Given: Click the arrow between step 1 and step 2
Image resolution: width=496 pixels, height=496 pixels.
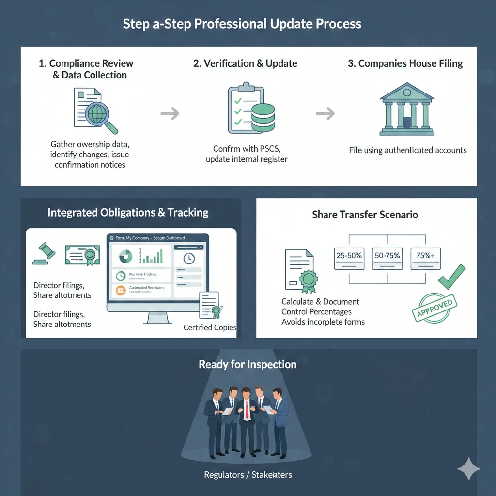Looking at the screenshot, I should click(x=170, y=114).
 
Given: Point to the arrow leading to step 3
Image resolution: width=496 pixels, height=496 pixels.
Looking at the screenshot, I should click(x=325, y=114).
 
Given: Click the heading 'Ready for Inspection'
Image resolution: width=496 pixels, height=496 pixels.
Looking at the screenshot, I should click(x=248, y=364).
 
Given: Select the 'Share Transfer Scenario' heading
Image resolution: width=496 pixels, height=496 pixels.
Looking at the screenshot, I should click(x=365, y=215).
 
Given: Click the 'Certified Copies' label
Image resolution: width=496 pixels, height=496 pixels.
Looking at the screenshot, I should click(x=210, y=327).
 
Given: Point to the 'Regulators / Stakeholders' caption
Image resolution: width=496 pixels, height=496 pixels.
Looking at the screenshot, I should click(x=248, y=475).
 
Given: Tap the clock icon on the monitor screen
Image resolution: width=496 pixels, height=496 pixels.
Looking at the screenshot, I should click(x=189, y=258).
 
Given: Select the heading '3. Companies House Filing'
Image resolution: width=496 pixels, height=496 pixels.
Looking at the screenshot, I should click(x=405, y=63).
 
